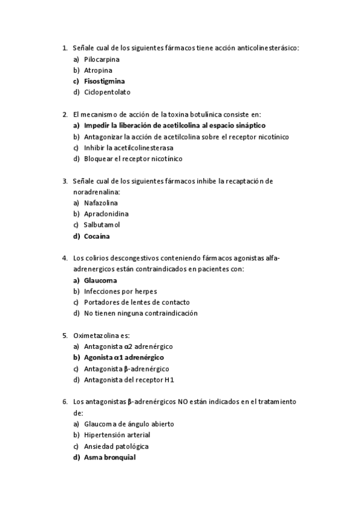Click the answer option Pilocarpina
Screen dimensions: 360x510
[102, 60]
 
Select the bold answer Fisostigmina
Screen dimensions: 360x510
[105, 81]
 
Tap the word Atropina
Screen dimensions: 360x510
[98, 70]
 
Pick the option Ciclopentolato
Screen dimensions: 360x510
[107, 92]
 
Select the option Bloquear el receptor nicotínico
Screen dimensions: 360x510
[133, 159]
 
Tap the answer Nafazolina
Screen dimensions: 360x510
[101, 203]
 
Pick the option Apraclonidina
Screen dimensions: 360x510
[106, 214]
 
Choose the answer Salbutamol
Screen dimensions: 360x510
[102, 225]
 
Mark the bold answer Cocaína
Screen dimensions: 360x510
[97, 236]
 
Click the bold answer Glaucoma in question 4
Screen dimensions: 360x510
[100, 280]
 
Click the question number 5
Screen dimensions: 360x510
[64, 336]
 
